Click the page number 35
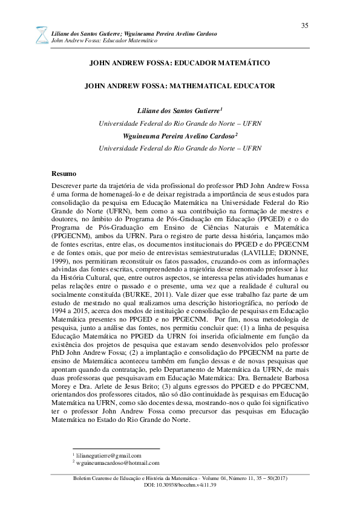[304, 25]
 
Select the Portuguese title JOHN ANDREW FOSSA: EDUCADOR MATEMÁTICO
[179, 62]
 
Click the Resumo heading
[64, 173]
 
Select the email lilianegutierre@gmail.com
[108, 455]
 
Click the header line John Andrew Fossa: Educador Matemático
[105, 40]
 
